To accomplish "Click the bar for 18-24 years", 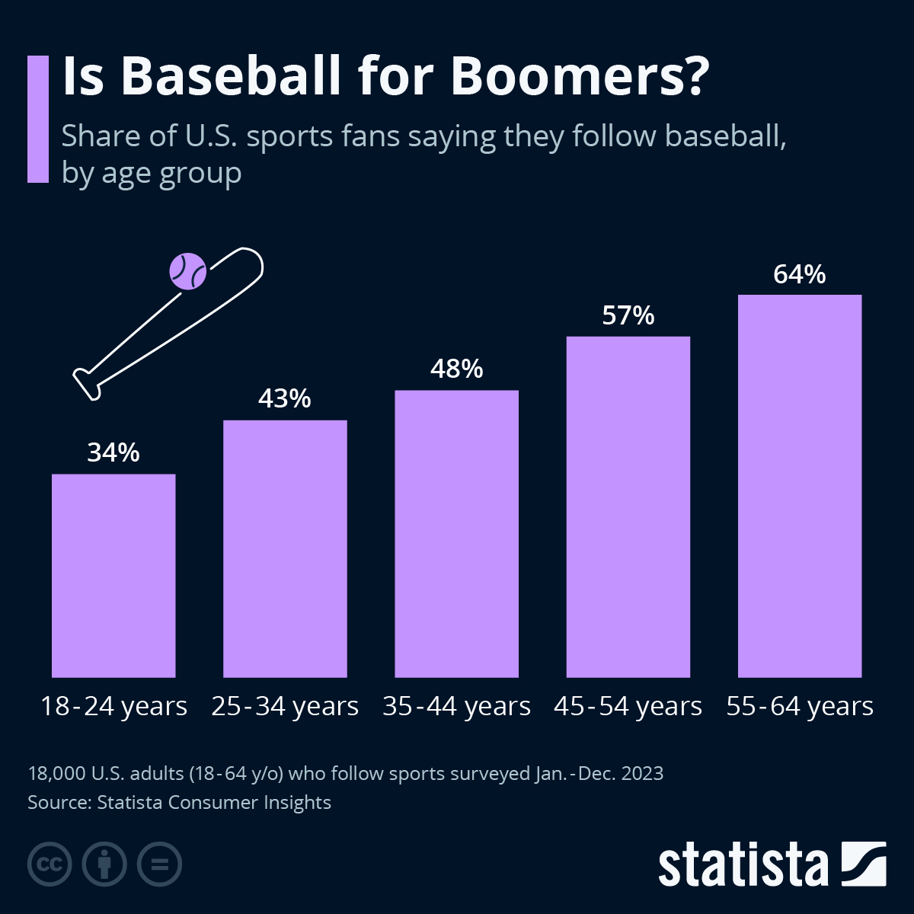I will tap(113, 576).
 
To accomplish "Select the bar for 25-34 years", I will tap(285, 548).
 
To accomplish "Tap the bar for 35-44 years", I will tap(456, 533).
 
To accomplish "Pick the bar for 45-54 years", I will tap(628, 507).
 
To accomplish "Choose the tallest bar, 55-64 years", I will tap(800, 486).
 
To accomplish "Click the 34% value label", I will tap(113, 452).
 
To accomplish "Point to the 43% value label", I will tap(285, 398).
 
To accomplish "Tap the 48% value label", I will tap(456, 369).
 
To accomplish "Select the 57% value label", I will tap(628, 315).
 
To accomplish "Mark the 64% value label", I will tap(800, 274).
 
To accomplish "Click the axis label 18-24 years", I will tap(113, 707).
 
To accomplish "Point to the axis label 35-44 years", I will tap(456, 707).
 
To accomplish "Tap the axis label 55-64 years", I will tap(800, 707).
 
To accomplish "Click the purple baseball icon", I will tap(188, 271).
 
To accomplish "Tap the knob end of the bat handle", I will tap(86, 383).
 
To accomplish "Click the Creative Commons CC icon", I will tap(50, 864).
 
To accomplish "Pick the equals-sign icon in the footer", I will tap(159, 864).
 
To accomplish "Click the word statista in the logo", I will tap(743, 864).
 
